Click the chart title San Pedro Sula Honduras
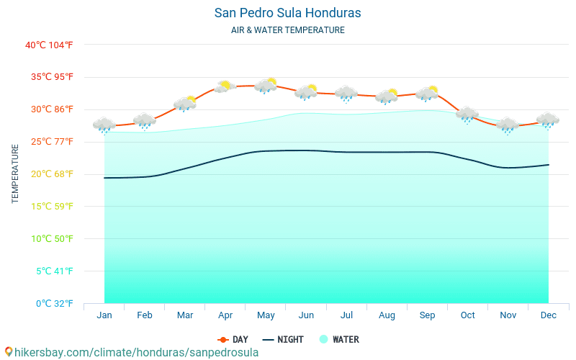tap(288, 13)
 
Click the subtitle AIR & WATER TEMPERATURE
tap(288, 30)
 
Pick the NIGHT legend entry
tap(283, 339)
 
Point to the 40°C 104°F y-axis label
tap(49, 45)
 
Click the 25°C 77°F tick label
tap(49, 142)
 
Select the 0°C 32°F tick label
tap(49, 303)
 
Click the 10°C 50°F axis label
tap(49, 238)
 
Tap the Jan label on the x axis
tap(104, 315)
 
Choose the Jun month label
tap(306, 315)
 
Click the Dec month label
tap(548, 315)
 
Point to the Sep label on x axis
tap(427, 315)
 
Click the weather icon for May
tap(266, 86)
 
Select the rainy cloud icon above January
tap(104, 125)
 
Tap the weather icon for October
tap(467, 114)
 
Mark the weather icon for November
tap(508, 125)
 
